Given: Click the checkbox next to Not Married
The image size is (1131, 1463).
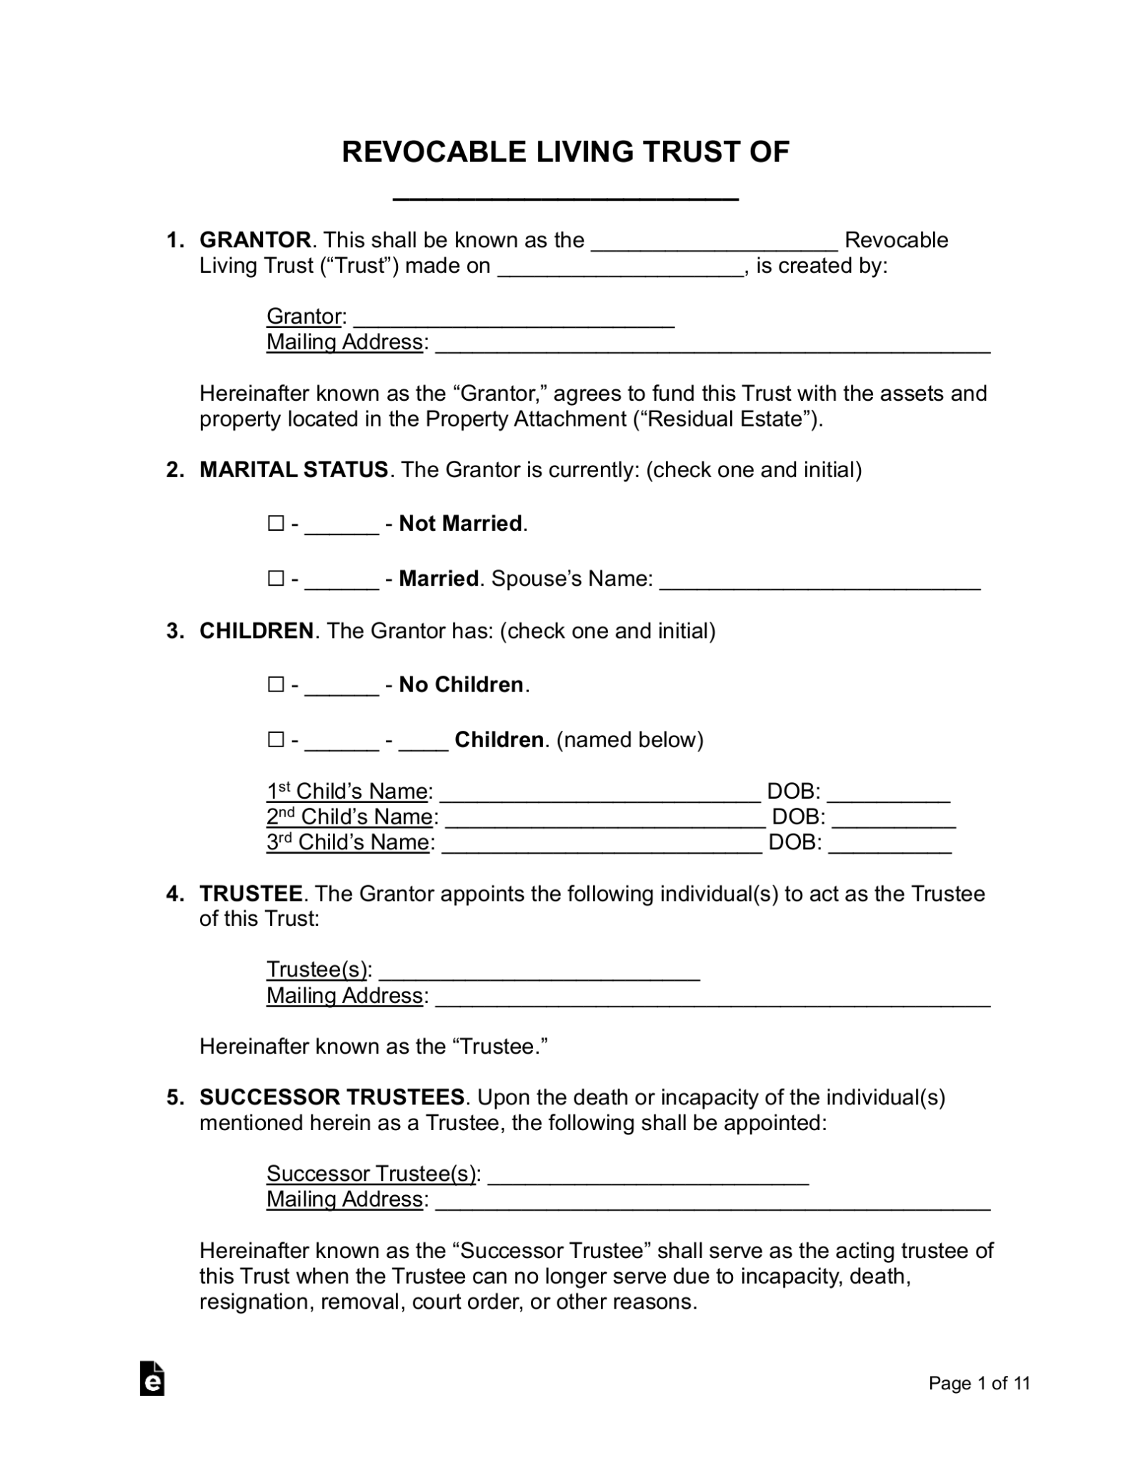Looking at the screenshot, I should (276, 524).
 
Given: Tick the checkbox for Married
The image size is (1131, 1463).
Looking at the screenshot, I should (276, 578).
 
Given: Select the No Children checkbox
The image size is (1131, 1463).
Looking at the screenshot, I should (276, 684).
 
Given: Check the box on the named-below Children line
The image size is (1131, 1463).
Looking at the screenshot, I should (276, 739).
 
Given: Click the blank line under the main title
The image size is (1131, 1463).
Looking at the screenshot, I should (565, 194).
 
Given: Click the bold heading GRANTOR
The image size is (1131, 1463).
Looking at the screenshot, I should (255, 240).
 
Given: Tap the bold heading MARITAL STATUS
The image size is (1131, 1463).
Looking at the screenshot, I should (293, 470).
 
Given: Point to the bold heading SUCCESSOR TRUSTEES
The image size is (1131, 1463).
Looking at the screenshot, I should (332, 1097).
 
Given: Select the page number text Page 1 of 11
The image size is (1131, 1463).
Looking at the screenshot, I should (979, 1383).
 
